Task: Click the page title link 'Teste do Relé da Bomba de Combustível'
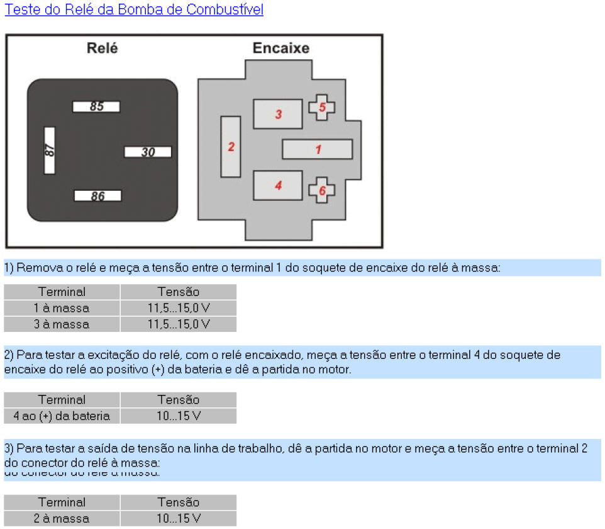click(x=134, y=9)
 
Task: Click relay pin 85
click(x=96, y=106)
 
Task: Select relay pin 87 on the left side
click(x=50, y=151)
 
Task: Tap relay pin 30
click(x=148, y=152)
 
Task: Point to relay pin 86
click(x=97, y=196)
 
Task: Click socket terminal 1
click(x=317, y=149)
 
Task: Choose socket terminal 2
click(x=231, y=147)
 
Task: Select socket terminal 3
click(x=278, y=114)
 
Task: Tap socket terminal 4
click(x=278, y=185)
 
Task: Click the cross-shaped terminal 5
click(x=322, y=107)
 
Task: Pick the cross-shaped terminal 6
click(x=322, y=190)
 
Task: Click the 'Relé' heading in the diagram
click(x=102, y=48)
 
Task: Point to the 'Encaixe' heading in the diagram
click(x=281, y=48)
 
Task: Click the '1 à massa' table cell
click(x=62, y=308)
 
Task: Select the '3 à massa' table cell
click(x=62, y=324)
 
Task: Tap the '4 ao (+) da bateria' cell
click(x=62, y=416)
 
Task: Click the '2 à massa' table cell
click(x=62, y=519)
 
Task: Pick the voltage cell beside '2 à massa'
click(x=179, y=519)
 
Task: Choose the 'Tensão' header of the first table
click(x=179, y=292)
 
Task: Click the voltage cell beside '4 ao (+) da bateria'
click(x=179, y=416)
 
